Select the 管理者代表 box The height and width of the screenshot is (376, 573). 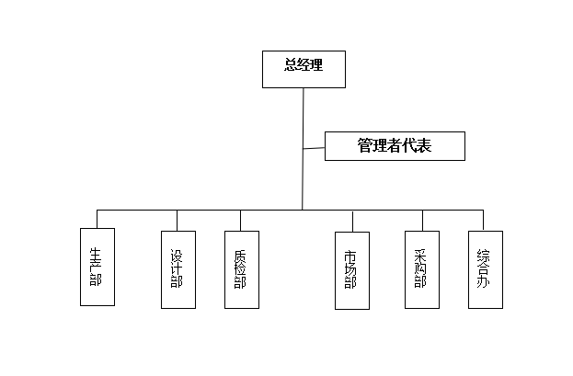coord(395,146)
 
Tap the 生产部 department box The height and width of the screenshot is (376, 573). coord(97,267)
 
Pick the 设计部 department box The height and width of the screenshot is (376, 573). coord(177,268)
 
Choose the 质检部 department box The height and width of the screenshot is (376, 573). coord(241,268)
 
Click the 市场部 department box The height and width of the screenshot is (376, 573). coord(352,269)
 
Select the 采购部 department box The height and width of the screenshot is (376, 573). coord(422,268)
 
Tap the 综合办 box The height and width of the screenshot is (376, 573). coord(485,268)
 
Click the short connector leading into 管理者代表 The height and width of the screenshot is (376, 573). coord(314,147)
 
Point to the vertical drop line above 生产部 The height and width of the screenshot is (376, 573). coord(97,219)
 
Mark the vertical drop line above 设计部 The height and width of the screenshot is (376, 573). coord(177,220)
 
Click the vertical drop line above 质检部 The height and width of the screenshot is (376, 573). coord(241,220)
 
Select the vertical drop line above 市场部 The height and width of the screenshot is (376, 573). coord(352,221)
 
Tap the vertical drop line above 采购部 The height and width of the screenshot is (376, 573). coord(422,220)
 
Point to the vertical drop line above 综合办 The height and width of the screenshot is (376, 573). coord(485,220)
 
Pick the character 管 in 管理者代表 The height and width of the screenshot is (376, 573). coord(365,145)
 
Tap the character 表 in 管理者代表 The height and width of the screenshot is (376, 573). coord(424,145)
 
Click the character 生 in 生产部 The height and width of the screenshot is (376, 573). coord(97,253)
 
